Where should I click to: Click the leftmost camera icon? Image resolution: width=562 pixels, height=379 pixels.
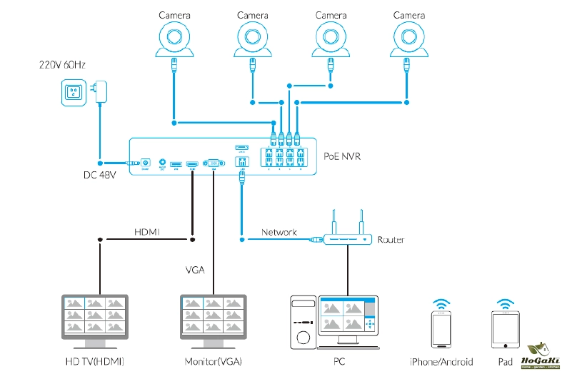(174, 39)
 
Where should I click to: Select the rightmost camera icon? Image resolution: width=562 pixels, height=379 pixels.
(408, 39)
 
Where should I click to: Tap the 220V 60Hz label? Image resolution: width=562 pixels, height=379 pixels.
(63, 66)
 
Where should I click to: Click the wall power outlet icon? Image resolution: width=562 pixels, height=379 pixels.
(74, 91)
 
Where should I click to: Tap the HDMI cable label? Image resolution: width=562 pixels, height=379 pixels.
(147, 232)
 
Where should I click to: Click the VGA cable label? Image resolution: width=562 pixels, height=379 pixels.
(196, 270)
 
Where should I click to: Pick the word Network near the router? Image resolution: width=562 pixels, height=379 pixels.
(279, 232)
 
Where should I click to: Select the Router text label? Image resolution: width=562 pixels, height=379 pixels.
(391, 240)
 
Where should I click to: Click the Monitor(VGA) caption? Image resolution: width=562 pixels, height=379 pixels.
(213, 362)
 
